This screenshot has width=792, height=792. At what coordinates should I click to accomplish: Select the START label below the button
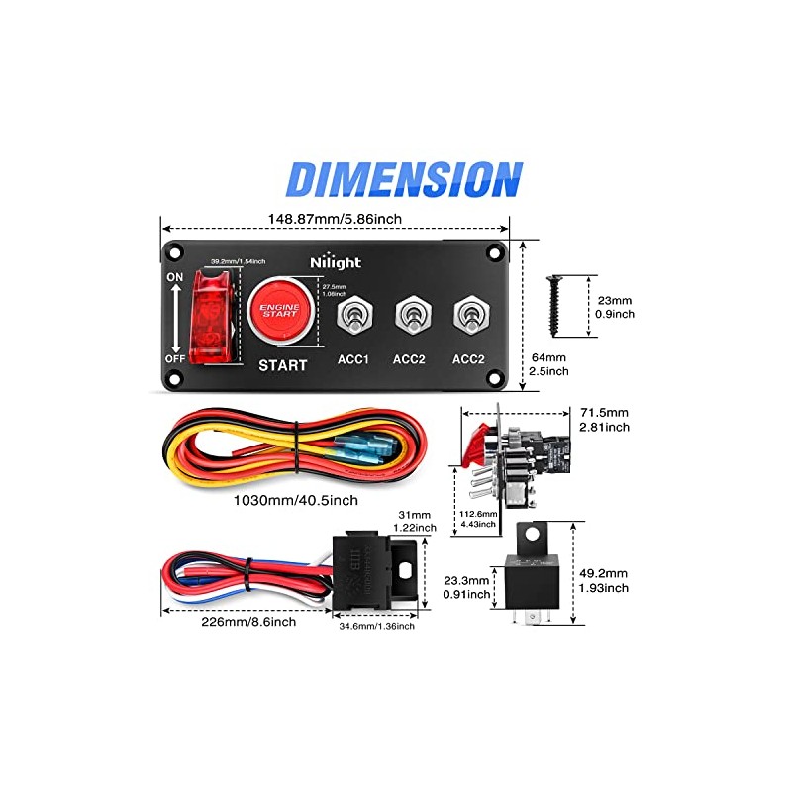pyautogui.click(x=282, y=364)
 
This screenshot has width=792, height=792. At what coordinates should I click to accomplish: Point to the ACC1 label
pyautogui.click(x=352, y=358)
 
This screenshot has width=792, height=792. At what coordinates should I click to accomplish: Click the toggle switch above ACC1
pyautogui.click(x=352, y=317)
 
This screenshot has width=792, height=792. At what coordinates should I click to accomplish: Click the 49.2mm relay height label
pyautogui.click(x=603, y=580)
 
